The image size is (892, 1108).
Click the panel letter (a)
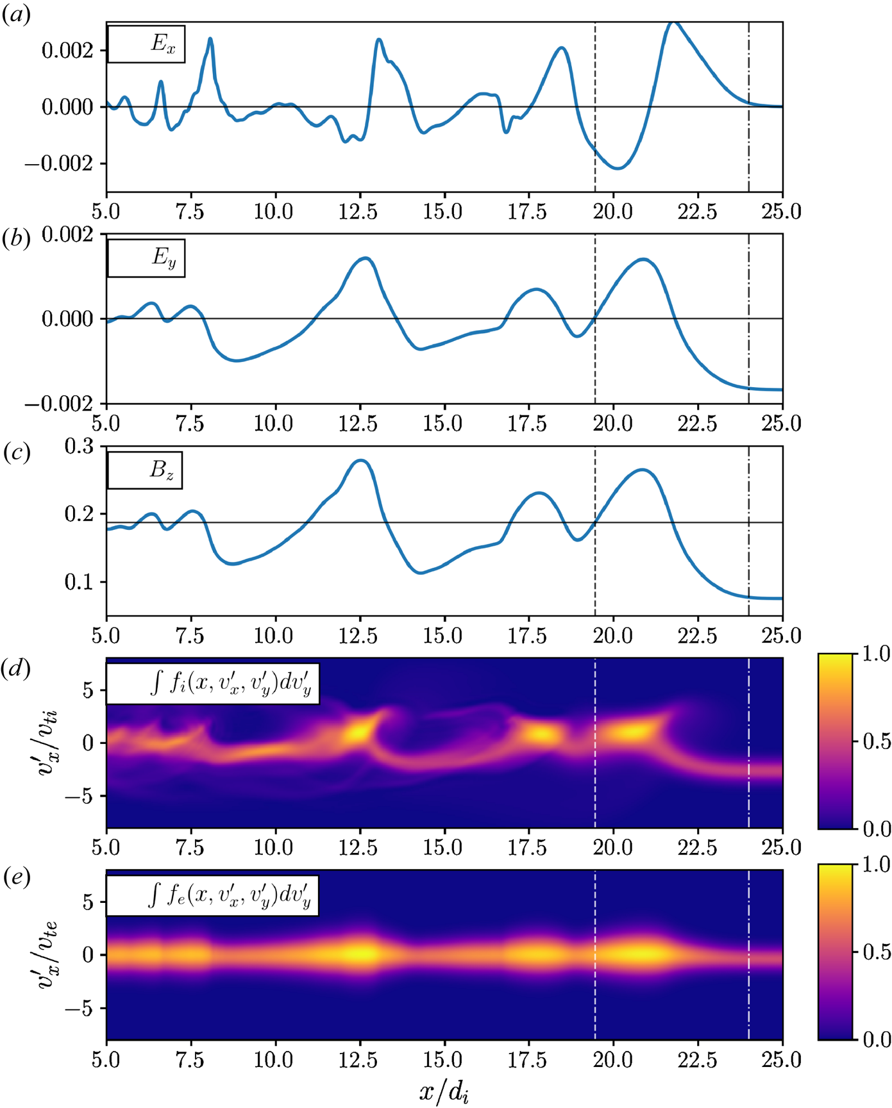pos(17,15)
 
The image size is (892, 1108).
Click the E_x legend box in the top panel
pos(146,44)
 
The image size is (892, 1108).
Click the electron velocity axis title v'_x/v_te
pos(47,955)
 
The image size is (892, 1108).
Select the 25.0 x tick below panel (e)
pos(782,1060)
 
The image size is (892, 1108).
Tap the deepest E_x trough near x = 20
pos(618,169)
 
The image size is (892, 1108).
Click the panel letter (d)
pos(17,669)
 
